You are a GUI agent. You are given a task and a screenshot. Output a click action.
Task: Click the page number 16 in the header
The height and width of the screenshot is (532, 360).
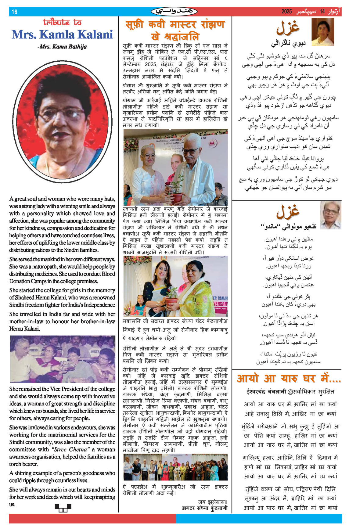click(x=14, y=12)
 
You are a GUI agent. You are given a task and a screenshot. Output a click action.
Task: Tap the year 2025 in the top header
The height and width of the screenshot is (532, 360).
click(x=286, y=12)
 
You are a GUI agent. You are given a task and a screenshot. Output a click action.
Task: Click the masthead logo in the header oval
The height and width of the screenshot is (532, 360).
click(x=174, y=12)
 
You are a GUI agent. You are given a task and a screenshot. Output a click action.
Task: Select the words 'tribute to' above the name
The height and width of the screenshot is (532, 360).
click(x=62, y=22)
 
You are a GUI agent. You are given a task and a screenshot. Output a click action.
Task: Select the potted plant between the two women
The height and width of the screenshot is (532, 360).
click(x=171, y=296)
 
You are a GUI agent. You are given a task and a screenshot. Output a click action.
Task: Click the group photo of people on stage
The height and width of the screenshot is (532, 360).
click(x=175, y=467)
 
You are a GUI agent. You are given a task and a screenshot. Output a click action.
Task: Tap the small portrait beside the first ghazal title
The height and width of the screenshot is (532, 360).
click(x=322, y=32)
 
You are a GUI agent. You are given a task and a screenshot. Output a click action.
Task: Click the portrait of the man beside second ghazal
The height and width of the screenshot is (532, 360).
click(x=330, y=215)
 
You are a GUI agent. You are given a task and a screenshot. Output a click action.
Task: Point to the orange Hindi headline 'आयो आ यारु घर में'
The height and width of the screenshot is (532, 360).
click(x=288, y=379)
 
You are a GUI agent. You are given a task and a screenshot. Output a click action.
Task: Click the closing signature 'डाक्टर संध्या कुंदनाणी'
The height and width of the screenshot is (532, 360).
click(x=205, y=508)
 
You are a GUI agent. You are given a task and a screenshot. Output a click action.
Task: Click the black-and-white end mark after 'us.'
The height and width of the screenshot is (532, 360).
click(x=63, y=508)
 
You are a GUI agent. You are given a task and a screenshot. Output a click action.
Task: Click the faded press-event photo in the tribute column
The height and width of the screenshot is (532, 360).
click(x=63, y=359)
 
